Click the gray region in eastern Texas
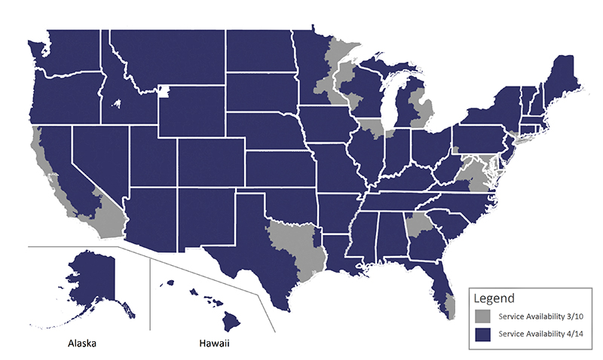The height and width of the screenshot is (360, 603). [x=301, y=245]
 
